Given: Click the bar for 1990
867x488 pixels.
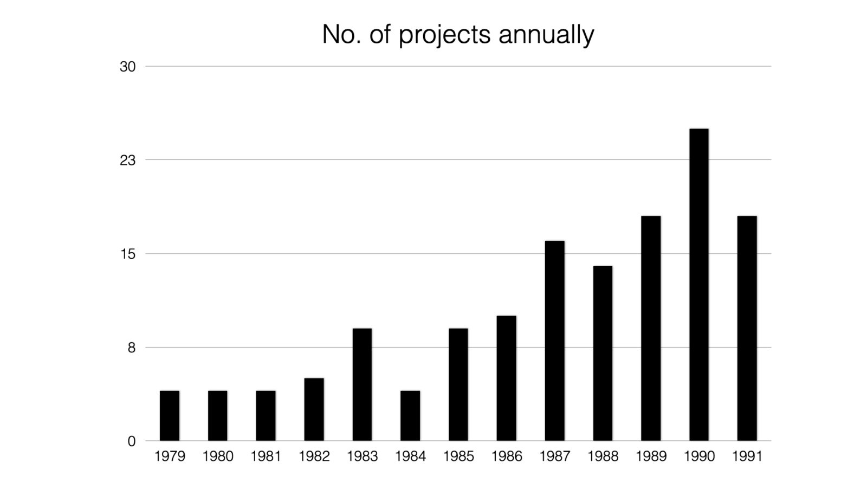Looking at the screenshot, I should [698, 285].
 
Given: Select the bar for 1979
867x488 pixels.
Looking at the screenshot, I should [170, 415].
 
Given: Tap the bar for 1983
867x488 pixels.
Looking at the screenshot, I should [362, 384].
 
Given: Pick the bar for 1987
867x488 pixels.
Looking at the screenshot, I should [554, 341].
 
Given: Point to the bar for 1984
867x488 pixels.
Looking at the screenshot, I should [410, 415].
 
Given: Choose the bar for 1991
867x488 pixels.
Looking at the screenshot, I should [747, 328].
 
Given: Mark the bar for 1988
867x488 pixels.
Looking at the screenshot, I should [603, 353].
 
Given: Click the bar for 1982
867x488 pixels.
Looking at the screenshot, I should [314, 409].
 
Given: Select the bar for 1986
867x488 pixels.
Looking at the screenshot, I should [506, 378].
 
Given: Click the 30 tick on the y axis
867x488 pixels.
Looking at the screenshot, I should [127, 67].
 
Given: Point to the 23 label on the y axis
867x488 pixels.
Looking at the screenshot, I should [127, 160].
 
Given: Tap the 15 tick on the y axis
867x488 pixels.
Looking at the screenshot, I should [127, 254].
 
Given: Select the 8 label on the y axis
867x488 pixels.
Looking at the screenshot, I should [131, 348].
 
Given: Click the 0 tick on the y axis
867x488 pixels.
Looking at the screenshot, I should [131, 441].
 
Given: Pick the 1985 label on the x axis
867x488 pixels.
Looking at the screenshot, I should [458, 457].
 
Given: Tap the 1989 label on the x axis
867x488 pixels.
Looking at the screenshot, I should [651, 457].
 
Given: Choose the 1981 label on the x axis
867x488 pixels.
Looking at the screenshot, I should [266, 457].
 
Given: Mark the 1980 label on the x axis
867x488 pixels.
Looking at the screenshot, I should [218, 457].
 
